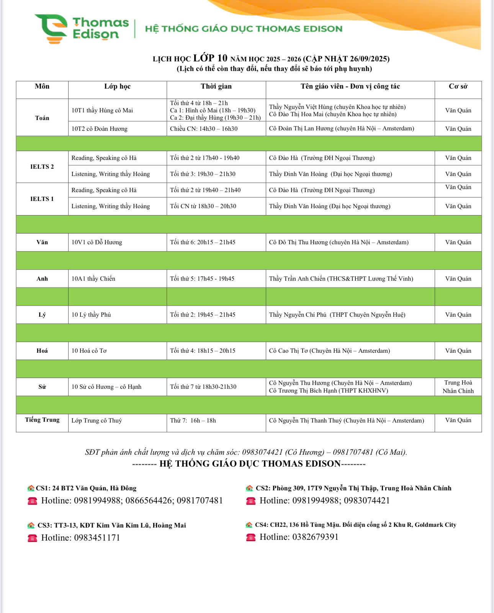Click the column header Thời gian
pos(216,86)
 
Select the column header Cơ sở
pos(458,86)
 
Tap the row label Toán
pos(42,118)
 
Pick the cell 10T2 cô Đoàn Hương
pos(100,129)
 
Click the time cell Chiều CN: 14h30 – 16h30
pos(204,129)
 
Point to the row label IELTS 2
pos(42,166)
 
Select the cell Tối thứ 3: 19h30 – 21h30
pos(203,174)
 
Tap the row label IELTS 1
pos(42,199)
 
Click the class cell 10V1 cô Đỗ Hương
pos(97,242)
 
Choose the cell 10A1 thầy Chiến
pos(93,279)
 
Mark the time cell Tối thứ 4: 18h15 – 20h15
pos(203,351)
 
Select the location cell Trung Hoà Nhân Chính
pos(458,387)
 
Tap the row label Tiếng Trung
pos(42,420)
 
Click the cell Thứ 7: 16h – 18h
pos(193,421)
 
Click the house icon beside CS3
pos(31,525)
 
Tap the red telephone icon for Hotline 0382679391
pos(251,537)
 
